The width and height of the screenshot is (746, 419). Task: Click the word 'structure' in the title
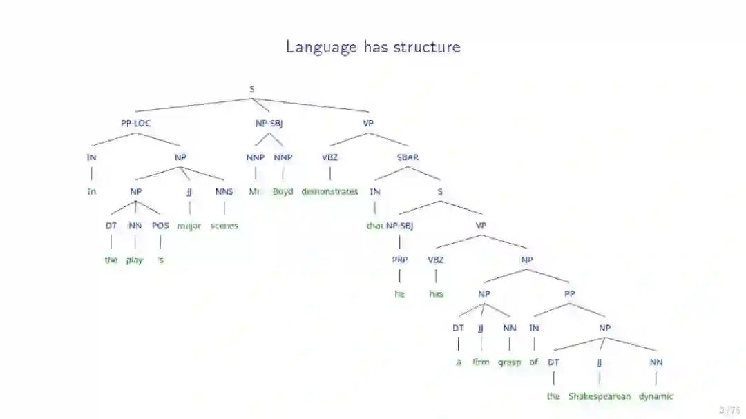(427, 47)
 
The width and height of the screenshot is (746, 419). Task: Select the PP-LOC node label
(135, 124)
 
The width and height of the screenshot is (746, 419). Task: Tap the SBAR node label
(408, 157)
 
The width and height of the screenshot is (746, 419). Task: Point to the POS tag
(160, 226)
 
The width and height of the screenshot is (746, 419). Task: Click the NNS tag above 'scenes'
(224, 192)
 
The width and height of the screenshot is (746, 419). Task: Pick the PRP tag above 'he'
(400, 260)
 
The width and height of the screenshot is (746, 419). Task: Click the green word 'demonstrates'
(329, 192)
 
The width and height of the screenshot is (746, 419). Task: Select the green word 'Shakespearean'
(600, 397)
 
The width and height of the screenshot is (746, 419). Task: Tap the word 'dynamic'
(656, 397)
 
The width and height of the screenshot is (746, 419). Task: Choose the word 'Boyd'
(283, 192)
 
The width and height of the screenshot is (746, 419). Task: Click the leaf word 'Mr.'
(255, 192)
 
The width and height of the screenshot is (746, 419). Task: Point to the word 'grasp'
(509, 362)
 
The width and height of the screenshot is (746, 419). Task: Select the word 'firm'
(481, 362)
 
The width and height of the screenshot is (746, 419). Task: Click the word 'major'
(189, 226)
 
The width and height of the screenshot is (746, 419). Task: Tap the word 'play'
(135, 260)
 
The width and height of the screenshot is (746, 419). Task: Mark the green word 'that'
(375, 226)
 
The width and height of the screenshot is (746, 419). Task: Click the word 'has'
(436, 294)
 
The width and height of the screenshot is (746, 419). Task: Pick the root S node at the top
(252, 89)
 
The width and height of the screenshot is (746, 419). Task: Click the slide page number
(729, 410)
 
